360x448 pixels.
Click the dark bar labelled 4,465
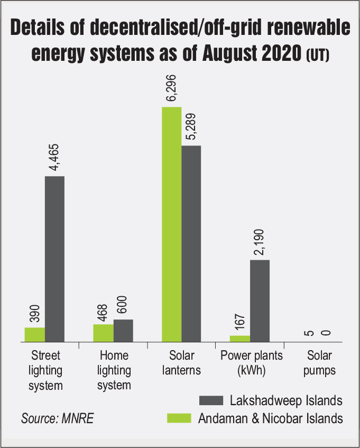[x=54, y=259]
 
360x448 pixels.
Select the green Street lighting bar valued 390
[x=35, y=335]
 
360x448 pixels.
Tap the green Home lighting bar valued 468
[x=103, y=333]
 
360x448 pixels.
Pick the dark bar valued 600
[x=123, y=331]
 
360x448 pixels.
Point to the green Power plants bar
[x=239, y=339]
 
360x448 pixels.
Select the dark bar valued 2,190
[x=260, y=301]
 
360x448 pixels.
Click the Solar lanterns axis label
[x=181, y=362]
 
